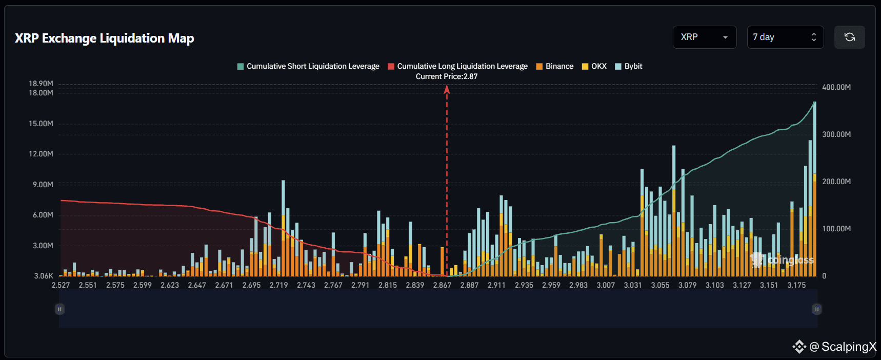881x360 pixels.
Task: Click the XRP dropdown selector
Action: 704,37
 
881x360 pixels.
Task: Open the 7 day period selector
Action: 785,37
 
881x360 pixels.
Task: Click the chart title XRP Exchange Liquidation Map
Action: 104,38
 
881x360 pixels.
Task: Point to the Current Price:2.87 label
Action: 446,76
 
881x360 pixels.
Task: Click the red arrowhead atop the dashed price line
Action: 447,89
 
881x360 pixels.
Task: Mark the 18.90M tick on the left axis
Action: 41,84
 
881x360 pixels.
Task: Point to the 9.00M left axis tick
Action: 43,185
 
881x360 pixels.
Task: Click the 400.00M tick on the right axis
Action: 836,87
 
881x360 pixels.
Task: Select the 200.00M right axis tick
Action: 836,182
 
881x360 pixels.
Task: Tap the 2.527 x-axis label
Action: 61,285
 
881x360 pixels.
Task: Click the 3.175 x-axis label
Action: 796,285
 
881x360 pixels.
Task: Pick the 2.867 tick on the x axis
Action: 442,285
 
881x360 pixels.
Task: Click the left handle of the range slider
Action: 59,309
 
